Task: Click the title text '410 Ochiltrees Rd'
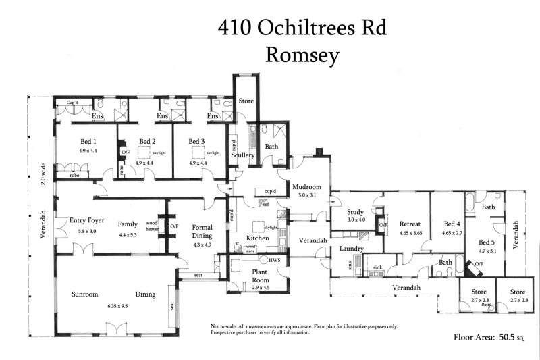click(x=302, y=28)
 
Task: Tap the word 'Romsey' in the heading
click(x=302, y=55)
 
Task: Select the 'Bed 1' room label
click(x=89, y=141)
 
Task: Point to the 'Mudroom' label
click(x=306, y=187)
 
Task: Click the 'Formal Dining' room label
click(x=202, y=232)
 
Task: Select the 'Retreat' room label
click(x=410, y=224)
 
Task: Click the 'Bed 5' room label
click(x=487, y=242)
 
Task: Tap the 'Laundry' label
click(x=352, y=249)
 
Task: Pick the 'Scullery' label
click(x=242, y=155)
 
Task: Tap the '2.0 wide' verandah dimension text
click(x=43, y=173)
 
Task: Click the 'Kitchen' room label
click(x=258, y=240)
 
